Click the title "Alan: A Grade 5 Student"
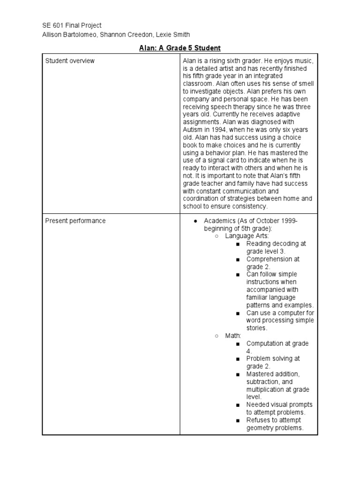click(x=180, y=48)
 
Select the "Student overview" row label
click(x=69, y=61)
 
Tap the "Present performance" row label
click(x=75, y=221)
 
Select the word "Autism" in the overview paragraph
click(x=193, y=130)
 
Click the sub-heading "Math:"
click(x=233, y=336)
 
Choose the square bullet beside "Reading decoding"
click(x=238, y=244)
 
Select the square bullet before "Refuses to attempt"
click(x=238, y=420)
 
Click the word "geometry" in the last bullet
click(x=261, y=428)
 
